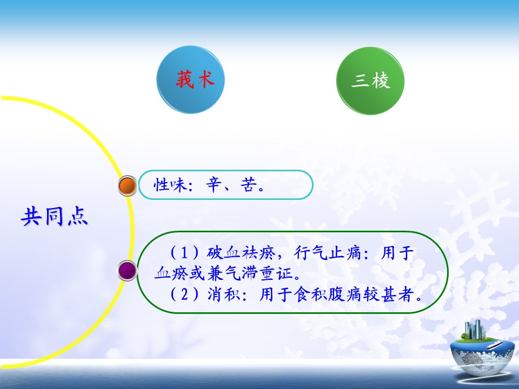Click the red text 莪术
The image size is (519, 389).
tap(195, 80)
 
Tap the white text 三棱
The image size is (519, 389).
tap(371, 81)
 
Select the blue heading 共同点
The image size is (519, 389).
tap(55, 216)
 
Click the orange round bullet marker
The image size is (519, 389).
tap(128, 185)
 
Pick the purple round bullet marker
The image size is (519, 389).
tap(128, 271)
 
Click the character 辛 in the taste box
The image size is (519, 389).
tap(214, 185)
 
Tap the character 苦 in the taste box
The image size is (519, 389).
tap(248, 185)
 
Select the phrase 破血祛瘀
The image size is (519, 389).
tap(241, 253)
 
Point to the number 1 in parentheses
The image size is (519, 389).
tap(184, 253)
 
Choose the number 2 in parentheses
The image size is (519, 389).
tap(184, 294)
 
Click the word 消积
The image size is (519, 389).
tap(224, 294)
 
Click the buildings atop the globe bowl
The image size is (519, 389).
tap(474, 330)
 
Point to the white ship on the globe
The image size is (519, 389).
tap(495, 345)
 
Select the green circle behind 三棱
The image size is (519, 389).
tap(370, 81)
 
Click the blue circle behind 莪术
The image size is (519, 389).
tap(191, 79)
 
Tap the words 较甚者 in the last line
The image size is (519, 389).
tap(389, 294)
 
